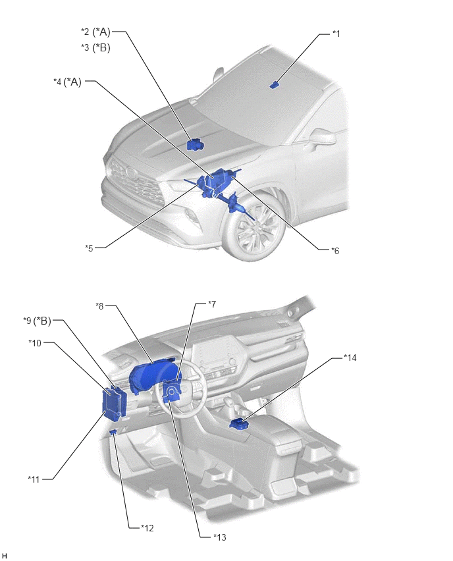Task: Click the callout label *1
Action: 336,34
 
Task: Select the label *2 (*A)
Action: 95,32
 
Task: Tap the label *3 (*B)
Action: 95,47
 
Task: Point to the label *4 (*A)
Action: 68,82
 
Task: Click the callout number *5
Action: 89,248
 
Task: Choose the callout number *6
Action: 335,251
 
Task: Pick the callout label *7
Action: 212,304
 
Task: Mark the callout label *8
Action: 99,306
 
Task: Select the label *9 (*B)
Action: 38,321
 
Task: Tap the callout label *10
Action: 35,343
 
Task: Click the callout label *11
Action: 34,479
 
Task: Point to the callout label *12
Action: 147,528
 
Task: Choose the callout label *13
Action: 220,537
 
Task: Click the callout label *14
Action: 350,358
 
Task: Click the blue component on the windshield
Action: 274,85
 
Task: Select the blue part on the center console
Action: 237,424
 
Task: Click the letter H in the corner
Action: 5,556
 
